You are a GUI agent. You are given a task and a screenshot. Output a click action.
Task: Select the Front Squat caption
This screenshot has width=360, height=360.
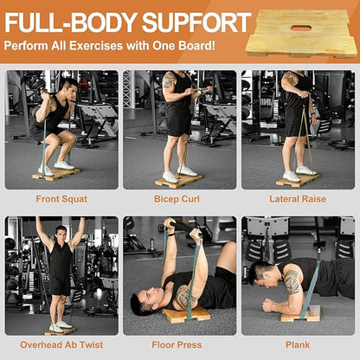click(x=61, y=199)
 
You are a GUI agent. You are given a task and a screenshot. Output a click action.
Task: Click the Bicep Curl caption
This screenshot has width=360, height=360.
click(x=180, y=199)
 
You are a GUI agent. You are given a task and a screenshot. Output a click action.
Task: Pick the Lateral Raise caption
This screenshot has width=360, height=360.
click(x=298, y=199)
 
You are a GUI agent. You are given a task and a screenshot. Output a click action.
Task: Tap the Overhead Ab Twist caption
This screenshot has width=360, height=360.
click(x=61, y=345)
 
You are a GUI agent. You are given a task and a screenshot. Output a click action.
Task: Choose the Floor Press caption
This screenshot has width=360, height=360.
click(x=180, y=345)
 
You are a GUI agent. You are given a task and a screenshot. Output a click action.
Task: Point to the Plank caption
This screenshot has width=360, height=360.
click(x=298, y=345)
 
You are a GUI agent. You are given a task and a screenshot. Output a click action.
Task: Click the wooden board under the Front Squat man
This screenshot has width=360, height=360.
click(x=56, y=174)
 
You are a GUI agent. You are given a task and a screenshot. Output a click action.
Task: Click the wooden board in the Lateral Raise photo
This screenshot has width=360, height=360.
click(x=299, y=180)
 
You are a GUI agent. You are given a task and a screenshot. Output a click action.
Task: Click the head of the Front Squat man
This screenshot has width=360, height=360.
click(x=67, y=87)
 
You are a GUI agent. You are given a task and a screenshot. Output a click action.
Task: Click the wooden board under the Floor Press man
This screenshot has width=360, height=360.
click(x=187, y=314)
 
